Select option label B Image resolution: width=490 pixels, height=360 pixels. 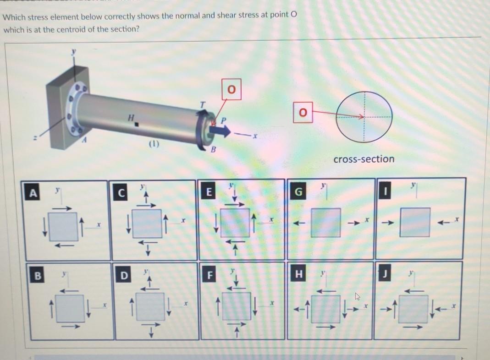tap(38, 276)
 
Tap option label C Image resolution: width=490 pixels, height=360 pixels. tap(121, 193)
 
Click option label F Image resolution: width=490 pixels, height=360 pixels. tap(210, 276)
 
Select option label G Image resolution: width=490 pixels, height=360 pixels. tap(298, 192)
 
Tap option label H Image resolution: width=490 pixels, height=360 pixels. tap(299, 274)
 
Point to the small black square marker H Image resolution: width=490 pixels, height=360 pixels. tap(137, 124)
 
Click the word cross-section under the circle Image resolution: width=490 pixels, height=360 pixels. tap(363, 159)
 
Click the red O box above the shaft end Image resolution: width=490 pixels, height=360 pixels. tap(231, 89)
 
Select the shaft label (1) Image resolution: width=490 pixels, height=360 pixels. tap(153, 143)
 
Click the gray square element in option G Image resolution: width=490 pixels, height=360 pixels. tap(325, 222)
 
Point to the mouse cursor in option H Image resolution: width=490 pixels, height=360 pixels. tap(357, 297)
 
